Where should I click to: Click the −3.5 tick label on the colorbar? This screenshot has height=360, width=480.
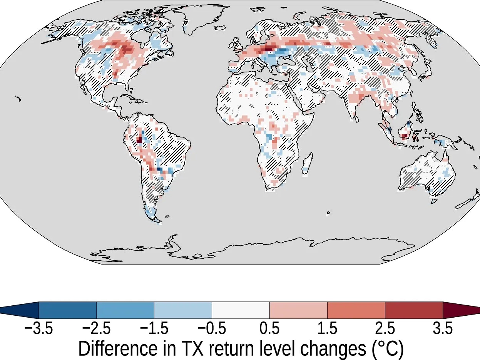coord(38,329)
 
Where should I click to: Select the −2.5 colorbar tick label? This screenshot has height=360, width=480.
coord(96,329)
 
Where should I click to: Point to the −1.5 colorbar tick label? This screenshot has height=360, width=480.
coord(154,329)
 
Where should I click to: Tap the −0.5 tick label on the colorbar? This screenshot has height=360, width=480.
coord(212,329)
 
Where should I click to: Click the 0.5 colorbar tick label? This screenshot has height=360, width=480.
coord(269,329)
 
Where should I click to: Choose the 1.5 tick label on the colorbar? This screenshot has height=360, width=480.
coord(327,329)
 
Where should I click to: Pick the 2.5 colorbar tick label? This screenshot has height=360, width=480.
coord(385,329)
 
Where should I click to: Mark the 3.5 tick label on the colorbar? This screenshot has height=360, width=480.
coord(443,329)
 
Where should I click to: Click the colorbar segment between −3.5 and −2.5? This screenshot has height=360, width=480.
coord(67,310)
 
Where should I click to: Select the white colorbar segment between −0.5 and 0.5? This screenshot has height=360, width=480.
coord(241,310)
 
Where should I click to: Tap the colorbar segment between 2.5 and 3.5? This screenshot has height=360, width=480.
coord(414,310)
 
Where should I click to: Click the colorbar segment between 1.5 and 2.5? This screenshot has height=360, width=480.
coord(356,310)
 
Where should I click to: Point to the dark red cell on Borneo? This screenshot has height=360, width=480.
coord(404,136)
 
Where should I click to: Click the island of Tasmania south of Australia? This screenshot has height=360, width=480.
coord(434,201)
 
